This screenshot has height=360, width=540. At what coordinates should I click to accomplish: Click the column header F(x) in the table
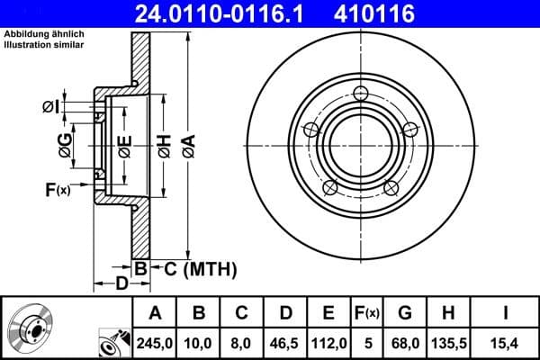point(368,313)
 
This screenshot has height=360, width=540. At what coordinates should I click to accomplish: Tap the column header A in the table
point(155,313)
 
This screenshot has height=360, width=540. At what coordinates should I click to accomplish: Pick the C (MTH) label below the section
point(200,268)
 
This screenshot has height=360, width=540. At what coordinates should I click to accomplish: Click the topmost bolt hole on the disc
point(362,94)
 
